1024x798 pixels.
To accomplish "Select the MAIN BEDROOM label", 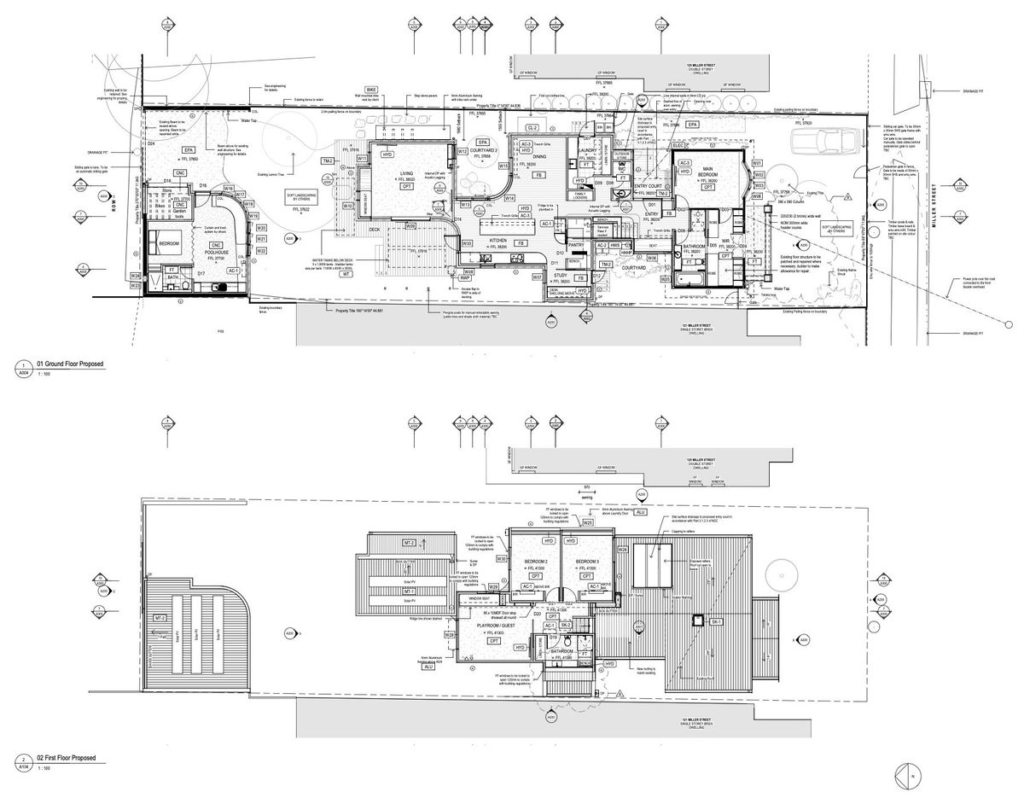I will point(707,173).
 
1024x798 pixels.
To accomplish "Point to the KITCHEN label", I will point(498,242).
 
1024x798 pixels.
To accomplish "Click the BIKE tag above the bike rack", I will point(371,89).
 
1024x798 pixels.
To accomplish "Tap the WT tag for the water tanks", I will point(346,274).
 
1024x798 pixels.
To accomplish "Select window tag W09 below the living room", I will point(410,226).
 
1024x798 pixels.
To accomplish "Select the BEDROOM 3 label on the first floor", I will point(587,562).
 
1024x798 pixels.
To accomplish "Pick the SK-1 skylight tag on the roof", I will point(716,622).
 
